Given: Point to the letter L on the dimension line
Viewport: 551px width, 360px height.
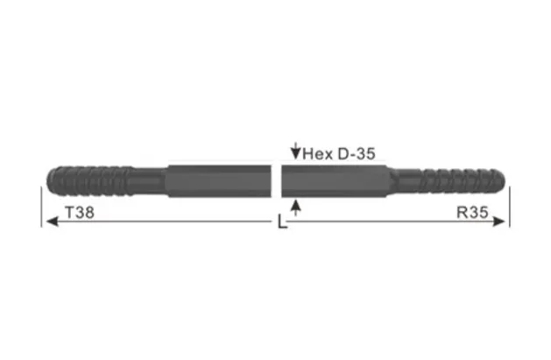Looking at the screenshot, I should (x=280, y=223).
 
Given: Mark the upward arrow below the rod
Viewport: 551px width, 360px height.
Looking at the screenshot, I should (x=296, y=206).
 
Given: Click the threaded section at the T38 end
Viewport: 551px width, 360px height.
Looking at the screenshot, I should (x=88, y=180).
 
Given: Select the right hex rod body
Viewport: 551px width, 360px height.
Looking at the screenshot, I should (x=337, y=180).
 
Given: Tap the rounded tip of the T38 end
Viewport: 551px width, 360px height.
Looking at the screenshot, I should (x=46, y=180).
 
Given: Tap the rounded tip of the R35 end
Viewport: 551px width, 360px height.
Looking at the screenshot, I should (x=504, y=180).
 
